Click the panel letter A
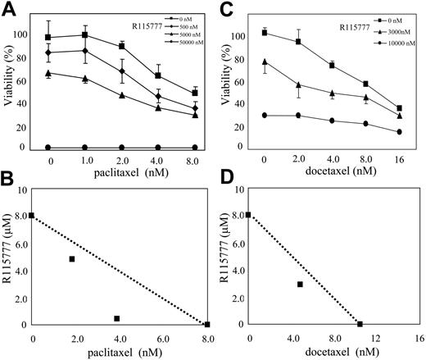[x=10, y=9]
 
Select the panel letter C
[x=227, y=9]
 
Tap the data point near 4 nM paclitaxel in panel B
[x=117, y=318]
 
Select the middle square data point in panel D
[x=300, y=285]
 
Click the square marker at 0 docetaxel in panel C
[x=265, y=32]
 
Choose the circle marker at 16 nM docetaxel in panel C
[x=399, y=132]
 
